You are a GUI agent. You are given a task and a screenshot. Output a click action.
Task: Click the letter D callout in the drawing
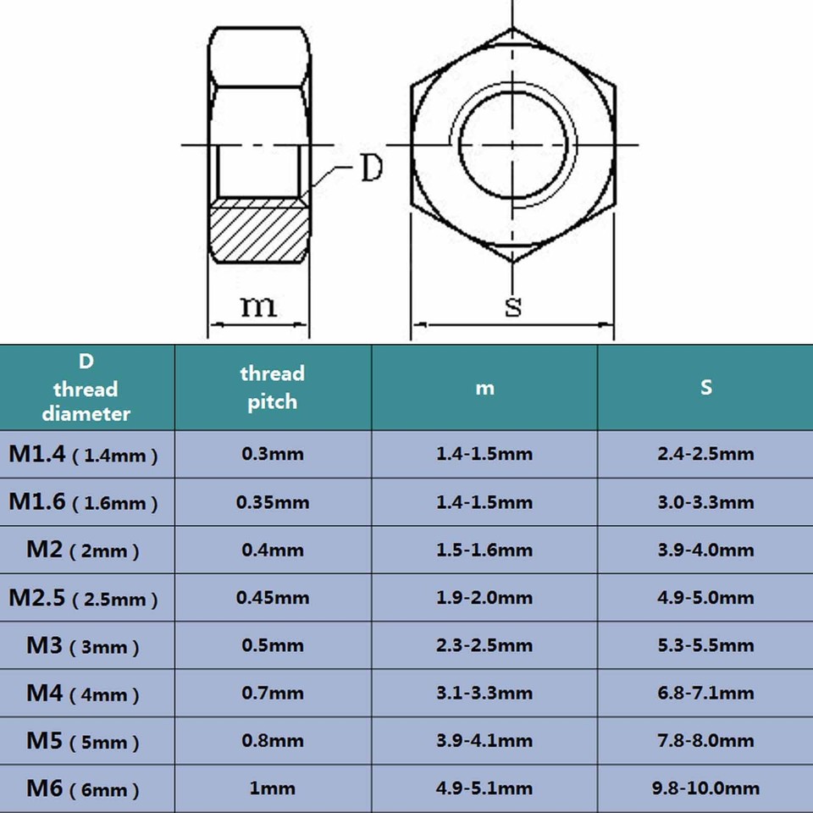point(371,169)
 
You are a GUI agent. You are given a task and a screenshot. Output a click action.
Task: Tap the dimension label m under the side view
point(258,305)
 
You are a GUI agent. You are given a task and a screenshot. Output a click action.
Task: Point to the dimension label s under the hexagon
point(513,306)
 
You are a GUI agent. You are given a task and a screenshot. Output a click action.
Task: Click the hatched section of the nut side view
point(258,231)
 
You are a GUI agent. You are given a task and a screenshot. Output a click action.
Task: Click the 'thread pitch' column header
point(272,387)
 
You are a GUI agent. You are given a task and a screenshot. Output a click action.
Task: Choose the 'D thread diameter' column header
point(86,387)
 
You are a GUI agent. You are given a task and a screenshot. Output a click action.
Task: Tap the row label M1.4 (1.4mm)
point(84,454)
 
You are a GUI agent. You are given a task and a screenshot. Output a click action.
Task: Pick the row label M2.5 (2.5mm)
point(84,598)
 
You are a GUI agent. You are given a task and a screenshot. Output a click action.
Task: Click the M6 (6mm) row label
point(82,789)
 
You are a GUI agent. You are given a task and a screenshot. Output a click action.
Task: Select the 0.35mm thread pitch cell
point(272,502)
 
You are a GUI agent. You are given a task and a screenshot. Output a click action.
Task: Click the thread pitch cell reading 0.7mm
point(272,694)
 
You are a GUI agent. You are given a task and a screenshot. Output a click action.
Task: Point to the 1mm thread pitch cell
point(272,789)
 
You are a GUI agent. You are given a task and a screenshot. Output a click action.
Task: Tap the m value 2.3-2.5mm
point(484,646)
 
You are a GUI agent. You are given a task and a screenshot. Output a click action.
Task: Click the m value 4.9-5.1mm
point(484,789)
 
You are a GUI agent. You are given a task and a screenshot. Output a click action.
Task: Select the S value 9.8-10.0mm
point(705,789)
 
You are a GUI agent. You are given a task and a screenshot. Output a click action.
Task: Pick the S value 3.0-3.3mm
point(705,502)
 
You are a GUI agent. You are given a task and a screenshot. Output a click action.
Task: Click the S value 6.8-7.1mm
point(705,694)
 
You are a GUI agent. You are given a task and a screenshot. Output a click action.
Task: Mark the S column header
point(705,387)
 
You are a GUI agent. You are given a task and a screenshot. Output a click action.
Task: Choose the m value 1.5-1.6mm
point(484,550)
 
